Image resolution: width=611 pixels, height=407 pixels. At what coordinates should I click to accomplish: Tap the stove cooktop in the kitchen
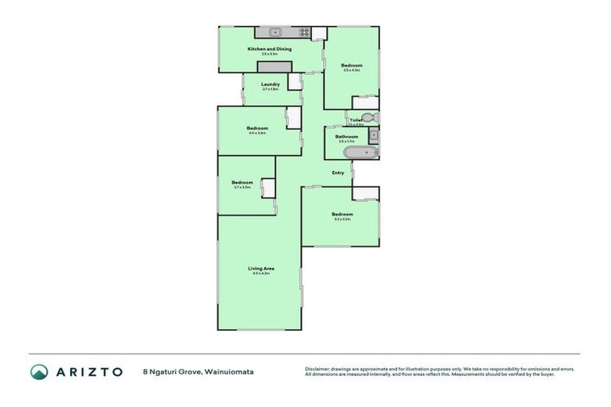click(x=303, y=33)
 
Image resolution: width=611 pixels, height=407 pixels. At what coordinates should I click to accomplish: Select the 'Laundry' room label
click(x=270, y=84)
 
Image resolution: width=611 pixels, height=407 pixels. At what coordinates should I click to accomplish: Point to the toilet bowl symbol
click(x=374, y=118)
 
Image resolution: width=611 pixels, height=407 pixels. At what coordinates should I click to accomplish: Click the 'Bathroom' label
click(x=346, y=137)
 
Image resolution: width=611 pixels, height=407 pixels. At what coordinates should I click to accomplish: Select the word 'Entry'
click(x=338, y=172)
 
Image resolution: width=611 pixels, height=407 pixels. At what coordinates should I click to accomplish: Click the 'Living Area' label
click(x=261, y=269)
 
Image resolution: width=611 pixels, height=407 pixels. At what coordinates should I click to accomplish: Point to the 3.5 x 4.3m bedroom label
click(x=352, y=65)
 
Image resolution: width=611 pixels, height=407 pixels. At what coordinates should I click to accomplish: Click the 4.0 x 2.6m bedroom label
click(x=257, y=129)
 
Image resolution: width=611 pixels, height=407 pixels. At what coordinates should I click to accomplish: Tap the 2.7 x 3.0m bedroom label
click(x=242, y=183)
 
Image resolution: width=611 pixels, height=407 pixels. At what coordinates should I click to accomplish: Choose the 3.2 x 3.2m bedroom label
click(x=342, y=215)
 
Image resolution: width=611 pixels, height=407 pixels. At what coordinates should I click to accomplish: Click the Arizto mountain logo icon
click(x=39, y=371)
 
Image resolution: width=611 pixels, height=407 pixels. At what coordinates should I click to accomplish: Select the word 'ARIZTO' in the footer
click(x=88, y=371)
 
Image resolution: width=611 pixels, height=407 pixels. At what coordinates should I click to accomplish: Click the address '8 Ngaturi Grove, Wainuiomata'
click(x=197, y=371)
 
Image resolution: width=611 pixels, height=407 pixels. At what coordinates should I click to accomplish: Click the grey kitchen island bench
click(x=275, y=66)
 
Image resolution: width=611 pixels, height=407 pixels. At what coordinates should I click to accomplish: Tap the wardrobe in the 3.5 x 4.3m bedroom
click(x=365, y=102)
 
